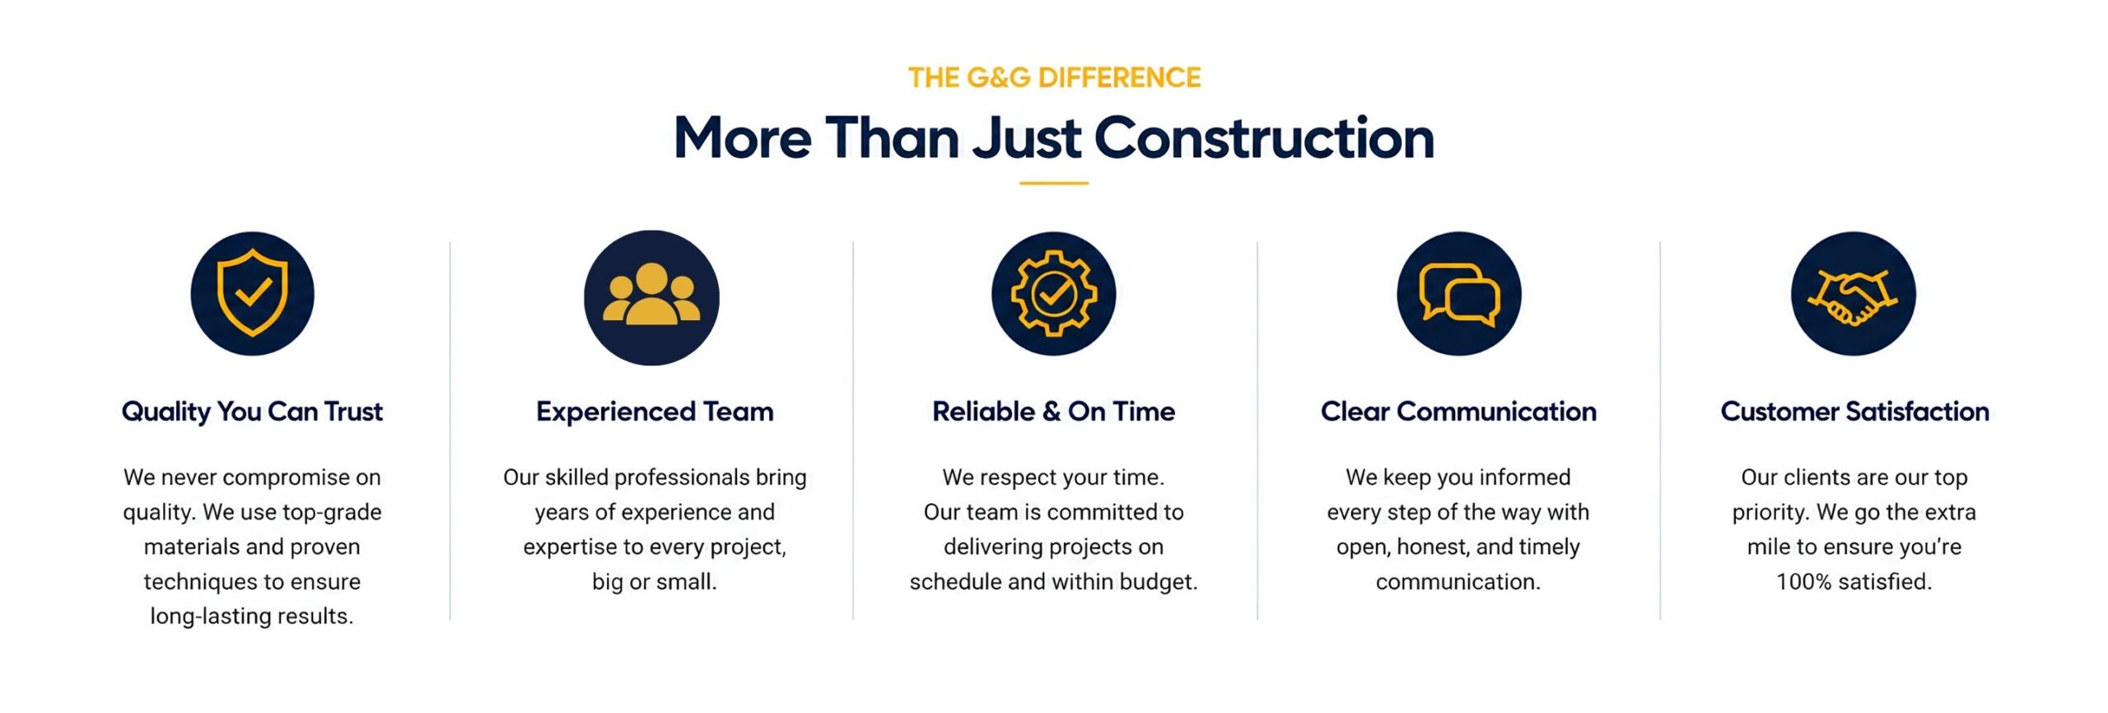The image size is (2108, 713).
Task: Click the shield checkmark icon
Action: coord(252,293)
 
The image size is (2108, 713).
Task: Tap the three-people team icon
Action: coord(651,297)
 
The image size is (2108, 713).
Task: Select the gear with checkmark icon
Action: coord(1053,293)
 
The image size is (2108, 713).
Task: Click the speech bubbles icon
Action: coord(1459,293)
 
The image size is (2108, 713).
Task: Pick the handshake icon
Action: coord(1854,293)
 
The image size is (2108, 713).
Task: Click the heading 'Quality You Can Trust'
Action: coord(252,412)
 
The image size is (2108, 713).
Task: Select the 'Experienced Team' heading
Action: coord(655,412)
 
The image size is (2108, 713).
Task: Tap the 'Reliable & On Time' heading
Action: coord(1053,411)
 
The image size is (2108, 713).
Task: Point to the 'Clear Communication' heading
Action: coord(1458,411)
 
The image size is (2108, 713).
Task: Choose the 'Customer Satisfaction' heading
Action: coord(1854,411)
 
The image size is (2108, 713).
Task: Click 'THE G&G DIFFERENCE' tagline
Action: coord(1054,77)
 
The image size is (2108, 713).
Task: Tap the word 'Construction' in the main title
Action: coord(1264,137)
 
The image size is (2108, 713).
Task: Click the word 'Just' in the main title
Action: coord(1027,137)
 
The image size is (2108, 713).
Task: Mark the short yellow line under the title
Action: coord(1053,183)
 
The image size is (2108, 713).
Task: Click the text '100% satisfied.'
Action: coord(1854,581)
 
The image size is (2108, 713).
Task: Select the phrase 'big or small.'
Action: coord(655,582)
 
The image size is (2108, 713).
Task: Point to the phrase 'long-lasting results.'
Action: coord(252,617)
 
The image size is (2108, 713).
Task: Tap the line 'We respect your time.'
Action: coord(1053,478)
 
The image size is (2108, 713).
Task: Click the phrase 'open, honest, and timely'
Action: coord(1458,548)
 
